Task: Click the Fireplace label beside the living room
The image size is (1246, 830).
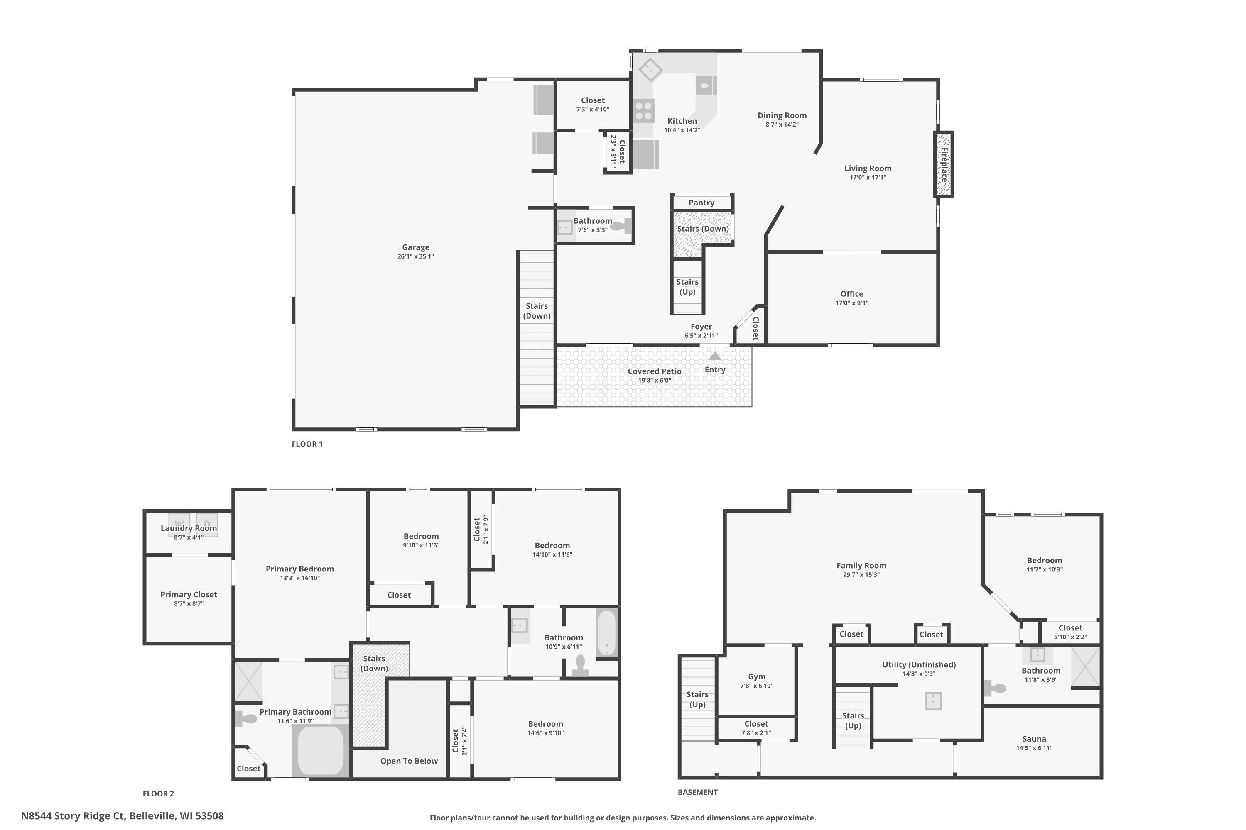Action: click(x=944, y=165)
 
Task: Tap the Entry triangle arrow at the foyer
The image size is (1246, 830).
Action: click(x=715, y=356)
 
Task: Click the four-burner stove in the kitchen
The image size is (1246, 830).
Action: click(x=644, y=111)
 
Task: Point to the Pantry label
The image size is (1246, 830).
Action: click(x=701, y=203)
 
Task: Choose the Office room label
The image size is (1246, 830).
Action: click(x=851, y=294)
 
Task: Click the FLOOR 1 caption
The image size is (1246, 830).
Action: click(x=307, y=444)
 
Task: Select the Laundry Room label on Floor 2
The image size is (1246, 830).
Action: click(x=189, y=528)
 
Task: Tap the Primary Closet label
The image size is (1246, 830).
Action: click(x=189, y=594)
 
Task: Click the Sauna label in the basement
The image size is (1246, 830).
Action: click(x=1034, y=739)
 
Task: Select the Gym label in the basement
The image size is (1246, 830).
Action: click(x=756, y=676)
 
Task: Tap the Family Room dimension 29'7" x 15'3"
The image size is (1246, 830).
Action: click(x=861, y=575)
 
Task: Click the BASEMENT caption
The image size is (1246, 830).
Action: click(x=697, y=792)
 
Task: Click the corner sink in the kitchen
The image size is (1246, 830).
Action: click(x=650, y=69)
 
